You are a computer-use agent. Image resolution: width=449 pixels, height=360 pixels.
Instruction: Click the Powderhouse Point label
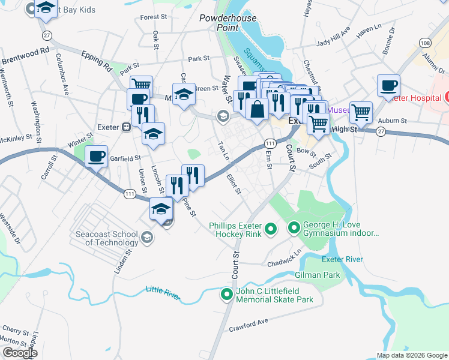tap(224, 22)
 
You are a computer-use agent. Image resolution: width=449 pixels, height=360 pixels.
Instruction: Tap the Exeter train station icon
tap(127, 127)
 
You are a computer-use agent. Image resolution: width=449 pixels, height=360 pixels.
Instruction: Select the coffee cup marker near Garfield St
tap(97, 157)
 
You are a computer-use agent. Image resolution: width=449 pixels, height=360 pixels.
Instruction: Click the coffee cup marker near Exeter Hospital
tap(388, 85)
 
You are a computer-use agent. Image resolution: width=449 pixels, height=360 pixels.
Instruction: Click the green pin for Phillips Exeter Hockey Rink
tap(270, 228)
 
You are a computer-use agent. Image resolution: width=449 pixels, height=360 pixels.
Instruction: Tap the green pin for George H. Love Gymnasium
tap(294, 227)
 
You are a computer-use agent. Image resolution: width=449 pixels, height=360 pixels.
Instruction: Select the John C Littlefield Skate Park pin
tap(226, 294)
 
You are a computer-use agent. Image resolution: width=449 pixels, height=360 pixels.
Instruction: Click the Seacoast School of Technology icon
tap(147, 238)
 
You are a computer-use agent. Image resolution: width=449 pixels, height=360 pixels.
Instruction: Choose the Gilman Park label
tap(318, 275)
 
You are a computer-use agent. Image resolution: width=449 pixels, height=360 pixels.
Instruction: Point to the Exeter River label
tap(342, 259)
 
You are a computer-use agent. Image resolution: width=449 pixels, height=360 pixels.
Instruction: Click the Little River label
tap(163, 290)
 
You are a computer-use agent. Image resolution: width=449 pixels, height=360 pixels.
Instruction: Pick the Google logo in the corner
tap(20, 353)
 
